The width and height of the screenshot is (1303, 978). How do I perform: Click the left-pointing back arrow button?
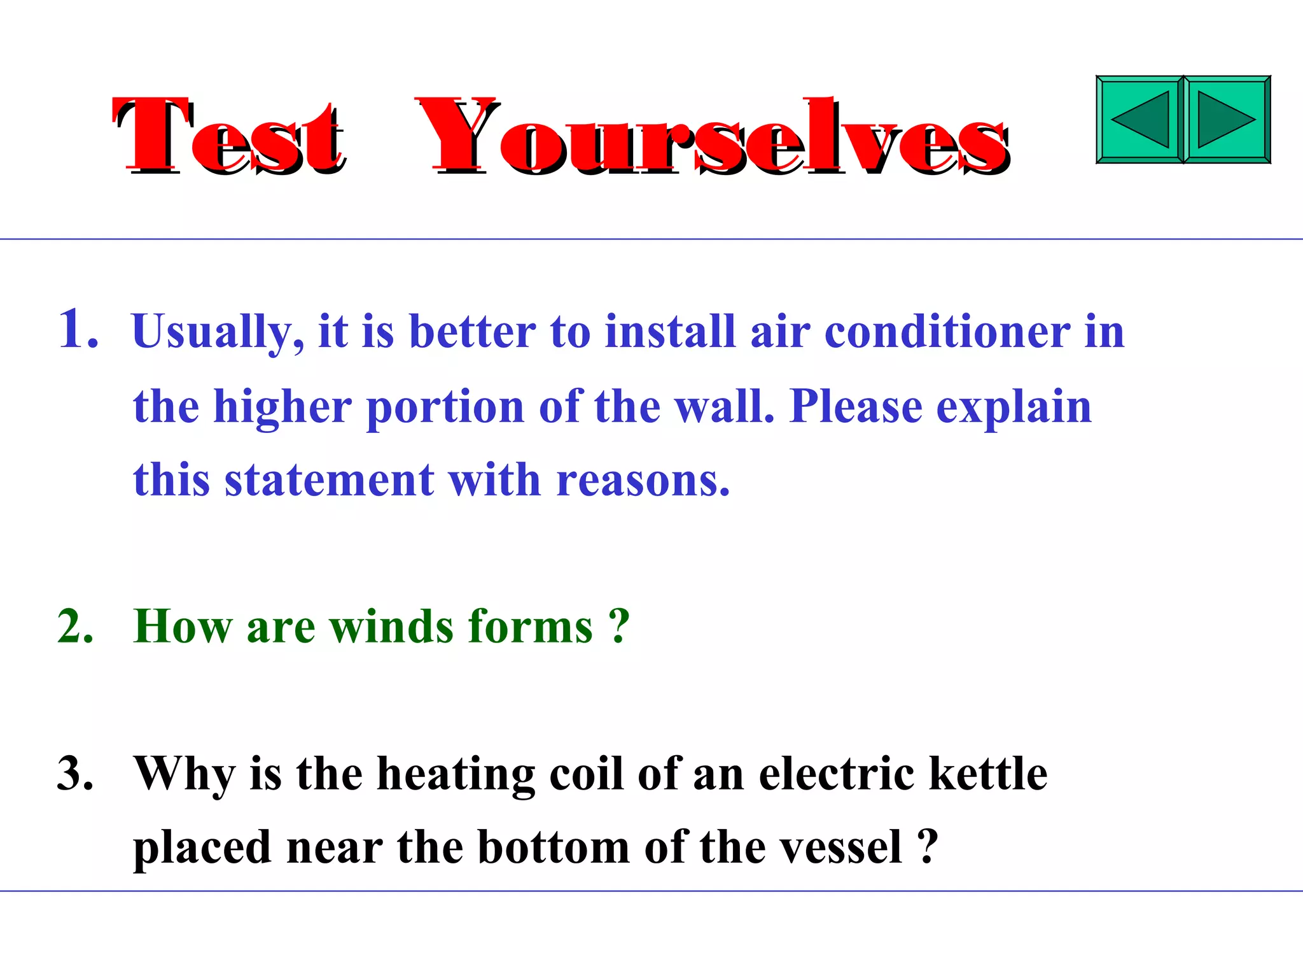1139,120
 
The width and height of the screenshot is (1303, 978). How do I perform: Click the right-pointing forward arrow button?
1227,120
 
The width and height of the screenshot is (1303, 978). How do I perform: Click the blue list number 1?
78,329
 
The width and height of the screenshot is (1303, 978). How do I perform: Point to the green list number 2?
75,627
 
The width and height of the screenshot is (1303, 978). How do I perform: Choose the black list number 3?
75,774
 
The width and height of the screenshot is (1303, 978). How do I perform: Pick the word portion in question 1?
445,407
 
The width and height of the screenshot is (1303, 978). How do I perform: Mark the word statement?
330,480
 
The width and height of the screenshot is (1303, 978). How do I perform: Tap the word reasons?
643,481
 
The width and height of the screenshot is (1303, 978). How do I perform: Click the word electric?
837,774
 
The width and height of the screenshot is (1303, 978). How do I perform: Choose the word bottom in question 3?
554,848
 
